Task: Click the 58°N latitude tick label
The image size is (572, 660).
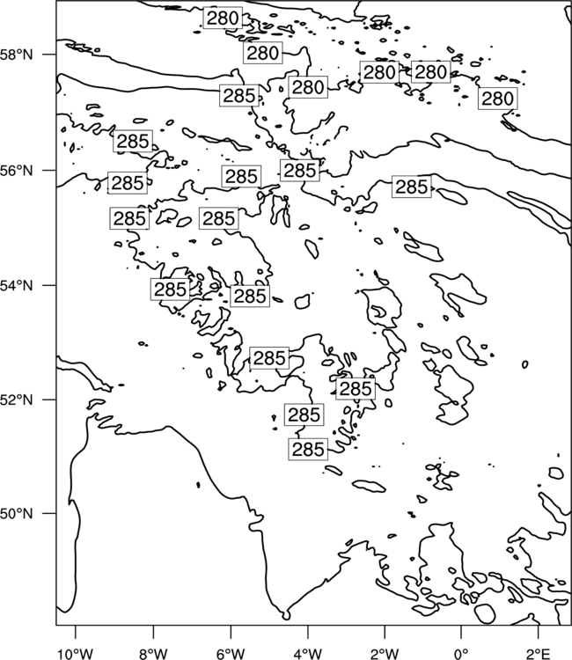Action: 16,55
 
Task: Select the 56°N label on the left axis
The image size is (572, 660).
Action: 16,171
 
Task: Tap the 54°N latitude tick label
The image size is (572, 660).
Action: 16,285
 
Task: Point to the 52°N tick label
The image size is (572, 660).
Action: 16,400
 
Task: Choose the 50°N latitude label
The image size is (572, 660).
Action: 16,514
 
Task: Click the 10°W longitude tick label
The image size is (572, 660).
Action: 76,654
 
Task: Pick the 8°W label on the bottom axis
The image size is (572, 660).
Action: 153,654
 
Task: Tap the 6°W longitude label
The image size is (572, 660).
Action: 231,654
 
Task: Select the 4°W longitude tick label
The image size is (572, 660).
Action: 308,654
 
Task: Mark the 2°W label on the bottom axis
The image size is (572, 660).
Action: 385,654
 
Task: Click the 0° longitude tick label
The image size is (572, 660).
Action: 462,654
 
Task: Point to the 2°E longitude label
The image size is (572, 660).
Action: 539,654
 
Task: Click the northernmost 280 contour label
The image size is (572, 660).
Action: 223,18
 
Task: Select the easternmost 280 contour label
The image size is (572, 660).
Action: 497,99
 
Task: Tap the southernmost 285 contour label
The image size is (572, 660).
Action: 308,449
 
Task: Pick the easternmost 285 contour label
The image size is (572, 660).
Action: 412,187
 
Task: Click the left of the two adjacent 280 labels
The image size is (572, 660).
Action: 379,72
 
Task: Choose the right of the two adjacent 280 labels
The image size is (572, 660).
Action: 430,72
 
